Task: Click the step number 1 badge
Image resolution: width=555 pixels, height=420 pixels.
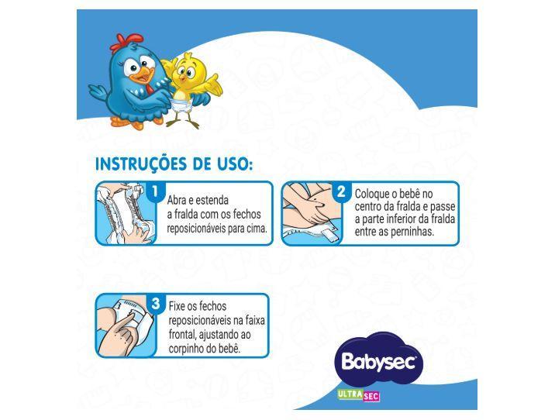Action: click(x=156, y=191)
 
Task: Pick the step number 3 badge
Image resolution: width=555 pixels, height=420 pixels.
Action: click(x=156, y=304)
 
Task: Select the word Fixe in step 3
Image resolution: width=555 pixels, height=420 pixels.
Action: click(x=179, y=306)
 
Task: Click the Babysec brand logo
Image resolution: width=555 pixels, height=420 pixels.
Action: click(x=379, y=360)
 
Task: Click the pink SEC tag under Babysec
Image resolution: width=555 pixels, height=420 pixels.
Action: click(x=371, y=395)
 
